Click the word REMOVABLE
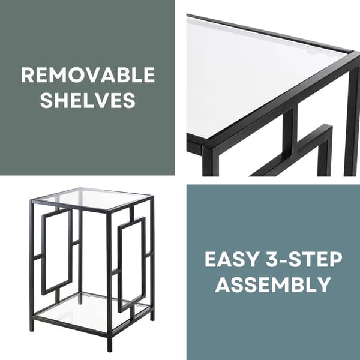pos(88,75)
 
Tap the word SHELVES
pos(88,100)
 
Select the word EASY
pos(232,259)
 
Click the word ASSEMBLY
pos(273,284)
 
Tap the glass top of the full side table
pos(92,199)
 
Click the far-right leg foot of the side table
pos(152,319)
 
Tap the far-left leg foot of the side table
pos(32,328)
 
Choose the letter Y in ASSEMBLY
pos(324,284)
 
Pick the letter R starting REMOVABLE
pos(28,75)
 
